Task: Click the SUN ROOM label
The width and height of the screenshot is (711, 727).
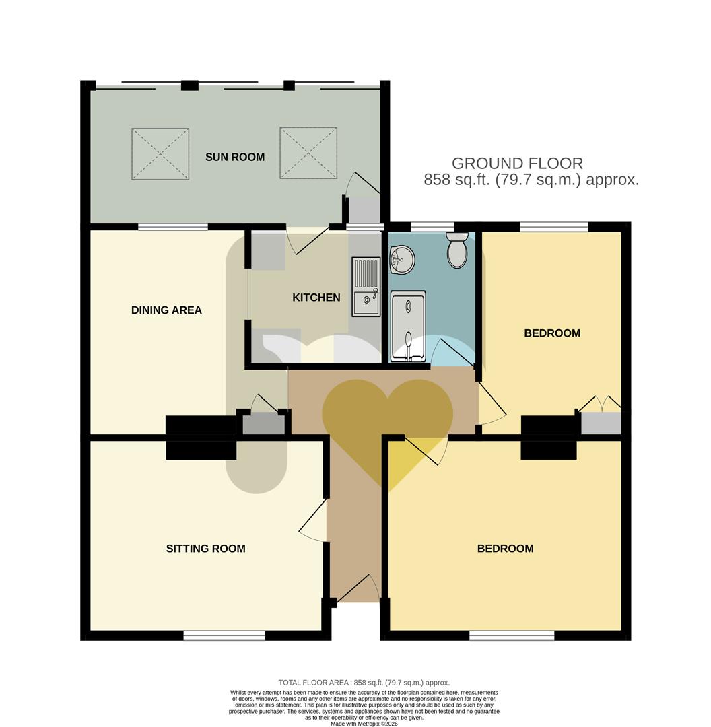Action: (x=235, y=157)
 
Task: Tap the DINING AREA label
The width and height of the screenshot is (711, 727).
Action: (x=166, y=310)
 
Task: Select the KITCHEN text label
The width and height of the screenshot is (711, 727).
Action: (x=316, y=298)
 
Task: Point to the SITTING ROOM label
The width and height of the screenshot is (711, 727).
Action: (x=205, y=549)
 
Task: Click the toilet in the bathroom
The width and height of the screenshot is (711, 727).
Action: (x=457, y=250)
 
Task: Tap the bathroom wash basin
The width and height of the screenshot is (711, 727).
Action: (x=402, y=259)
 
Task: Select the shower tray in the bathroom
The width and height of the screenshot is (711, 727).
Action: (x=408, y=326)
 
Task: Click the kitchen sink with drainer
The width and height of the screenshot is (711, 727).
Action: (x=366, y=286)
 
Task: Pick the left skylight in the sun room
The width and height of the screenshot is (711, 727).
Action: (x=160, y=153)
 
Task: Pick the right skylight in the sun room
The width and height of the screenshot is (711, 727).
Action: (x=308, y=153)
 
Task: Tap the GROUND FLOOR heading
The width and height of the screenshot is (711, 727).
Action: (x=517, y=163)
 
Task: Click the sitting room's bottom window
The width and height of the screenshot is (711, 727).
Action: (x=224, y=635)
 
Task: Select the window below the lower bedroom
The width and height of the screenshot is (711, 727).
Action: (x=512, y=635)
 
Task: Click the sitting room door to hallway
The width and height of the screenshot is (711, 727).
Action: (x=312, y=524)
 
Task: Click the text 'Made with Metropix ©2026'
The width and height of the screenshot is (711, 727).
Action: (x=364, y=724)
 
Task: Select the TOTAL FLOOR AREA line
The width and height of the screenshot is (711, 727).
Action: (x=364, y=683)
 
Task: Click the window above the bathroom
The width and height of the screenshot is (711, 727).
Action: (x=432, y=226)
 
